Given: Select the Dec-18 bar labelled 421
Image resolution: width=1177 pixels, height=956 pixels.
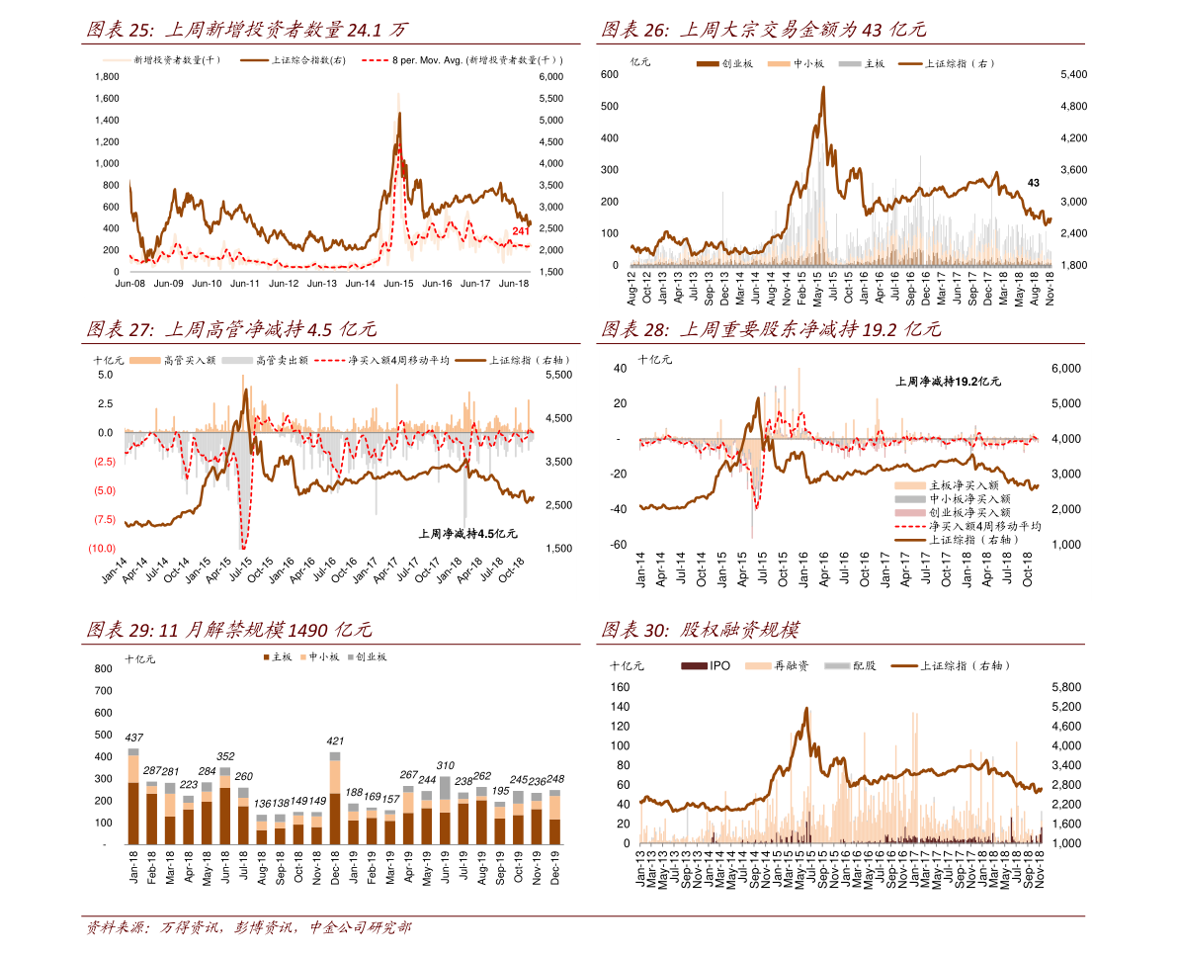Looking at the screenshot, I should point(335,802).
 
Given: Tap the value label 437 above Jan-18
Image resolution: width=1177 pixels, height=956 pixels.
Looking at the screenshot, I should point(133,738).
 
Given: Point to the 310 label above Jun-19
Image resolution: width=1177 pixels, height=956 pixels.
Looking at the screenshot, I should point(446,765).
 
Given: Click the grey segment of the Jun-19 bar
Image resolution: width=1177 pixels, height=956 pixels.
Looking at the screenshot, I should point(446,787).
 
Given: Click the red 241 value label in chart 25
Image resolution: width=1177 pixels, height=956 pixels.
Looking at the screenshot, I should point(521,231).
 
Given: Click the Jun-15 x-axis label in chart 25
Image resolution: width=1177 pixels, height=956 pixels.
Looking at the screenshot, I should point(398,284).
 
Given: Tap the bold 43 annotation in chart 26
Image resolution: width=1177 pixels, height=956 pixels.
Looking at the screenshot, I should point(1033,183).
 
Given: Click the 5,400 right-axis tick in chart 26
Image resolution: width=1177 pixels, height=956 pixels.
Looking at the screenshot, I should point(1072,74).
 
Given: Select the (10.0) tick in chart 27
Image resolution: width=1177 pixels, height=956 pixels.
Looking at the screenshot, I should point(103,548).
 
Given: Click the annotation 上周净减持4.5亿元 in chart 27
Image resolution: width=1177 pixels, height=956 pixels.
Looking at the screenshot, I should point(467,534).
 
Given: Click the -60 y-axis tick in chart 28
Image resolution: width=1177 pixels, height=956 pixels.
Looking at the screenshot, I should point(619,545).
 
